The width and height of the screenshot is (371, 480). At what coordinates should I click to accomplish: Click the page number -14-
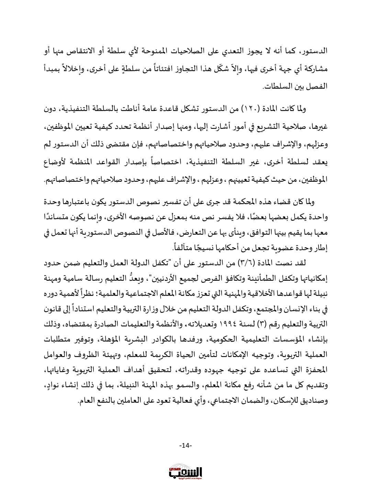pos(185,446)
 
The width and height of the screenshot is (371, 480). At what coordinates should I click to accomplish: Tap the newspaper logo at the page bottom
pos(185,471)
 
